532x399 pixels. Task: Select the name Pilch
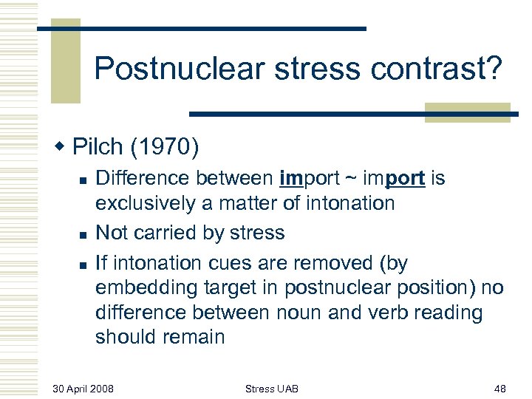98,147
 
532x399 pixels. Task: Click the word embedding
143,287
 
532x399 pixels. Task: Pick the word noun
299,313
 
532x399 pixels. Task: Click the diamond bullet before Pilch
61,147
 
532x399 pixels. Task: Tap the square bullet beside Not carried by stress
84,234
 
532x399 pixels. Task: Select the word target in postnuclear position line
219,287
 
